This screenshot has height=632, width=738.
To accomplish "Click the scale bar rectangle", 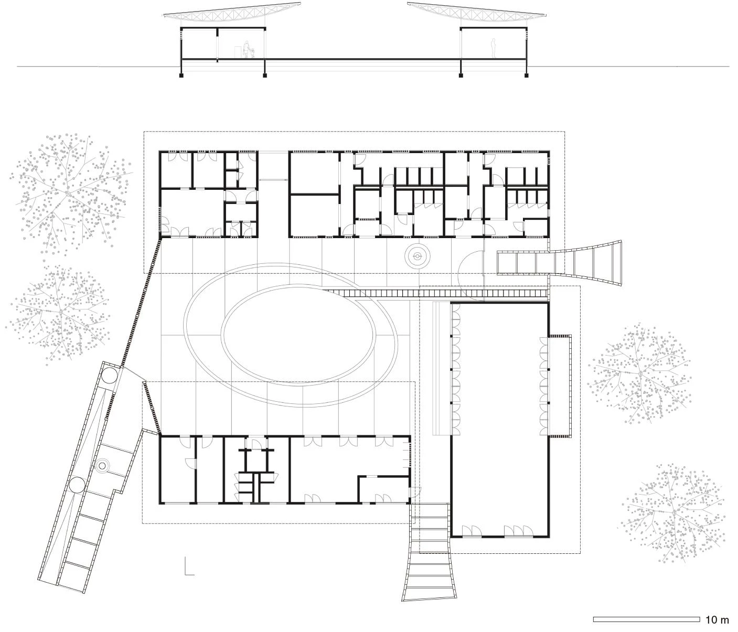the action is pyautogui.click(x=646, y=619).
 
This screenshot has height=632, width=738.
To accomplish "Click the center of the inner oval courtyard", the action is pyautogui.click(x=298, y=334).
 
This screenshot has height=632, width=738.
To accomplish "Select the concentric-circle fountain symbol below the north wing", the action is pyautogui.click(x=417, y=255).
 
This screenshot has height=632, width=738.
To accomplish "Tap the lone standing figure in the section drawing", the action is pyautogui.click(x=494, y=48).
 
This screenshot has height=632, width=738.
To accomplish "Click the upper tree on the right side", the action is pyautogui.click(x=639, y=373).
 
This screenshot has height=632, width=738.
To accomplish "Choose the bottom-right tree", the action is pyautogui.click(x=673, y=513).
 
